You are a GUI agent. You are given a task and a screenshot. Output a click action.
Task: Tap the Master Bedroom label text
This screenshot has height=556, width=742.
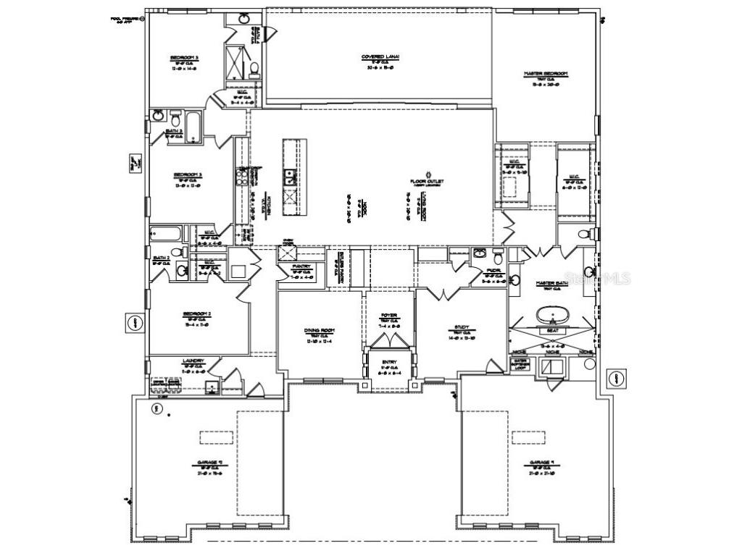pos(546,74)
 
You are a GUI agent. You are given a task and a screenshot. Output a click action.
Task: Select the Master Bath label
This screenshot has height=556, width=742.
pos(550,283)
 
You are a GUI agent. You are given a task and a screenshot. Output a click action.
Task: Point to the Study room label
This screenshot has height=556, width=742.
pos(462,327)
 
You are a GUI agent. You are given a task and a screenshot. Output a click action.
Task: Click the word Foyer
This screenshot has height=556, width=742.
pos(389,316)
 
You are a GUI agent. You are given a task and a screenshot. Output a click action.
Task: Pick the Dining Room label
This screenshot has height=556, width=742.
pos(318,330)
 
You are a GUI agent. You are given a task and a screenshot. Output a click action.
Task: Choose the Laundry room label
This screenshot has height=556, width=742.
pos(193,361)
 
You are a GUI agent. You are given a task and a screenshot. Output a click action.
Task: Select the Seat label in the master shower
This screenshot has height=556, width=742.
pos(552,330)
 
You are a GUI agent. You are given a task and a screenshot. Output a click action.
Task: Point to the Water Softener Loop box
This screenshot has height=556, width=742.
pos(519,363)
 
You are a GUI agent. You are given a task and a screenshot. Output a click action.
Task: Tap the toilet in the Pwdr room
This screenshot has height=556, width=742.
pos(497,256)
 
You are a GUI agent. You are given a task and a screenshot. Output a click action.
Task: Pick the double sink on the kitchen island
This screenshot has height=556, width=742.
pos(289,174)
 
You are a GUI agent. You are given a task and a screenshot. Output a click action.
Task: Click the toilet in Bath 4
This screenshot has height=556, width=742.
pos(254,69)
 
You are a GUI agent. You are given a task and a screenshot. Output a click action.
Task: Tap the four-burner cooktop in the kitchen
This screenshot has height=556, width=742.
pos(289,195)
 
